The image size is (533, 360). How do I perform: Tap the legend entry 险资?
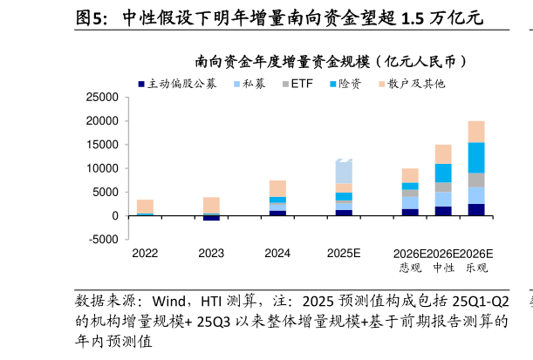[350, 85]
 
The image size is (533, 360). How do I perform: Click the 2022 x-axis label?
[145, 254]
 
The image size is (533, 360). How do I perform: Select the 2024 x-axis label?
[277, 254]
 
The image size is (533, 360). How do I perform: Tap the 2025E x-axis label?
[344, 254]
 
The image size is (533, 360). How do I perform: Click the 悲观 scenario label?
[410, 268]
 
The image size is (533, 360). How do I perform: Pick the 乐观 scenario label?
[476, 268]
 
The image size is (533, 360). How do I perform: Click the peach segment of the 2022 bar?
[145, 206]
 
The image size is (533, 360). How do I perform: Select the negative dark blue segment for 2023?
[211, 218]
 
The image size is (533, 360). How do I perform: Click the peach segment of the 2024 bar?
[277, 188]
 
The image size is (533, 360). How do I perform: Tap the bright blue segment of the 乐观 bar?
[476, 158]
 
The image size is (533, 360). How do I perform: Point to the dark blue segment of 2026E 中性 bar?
[443, 211]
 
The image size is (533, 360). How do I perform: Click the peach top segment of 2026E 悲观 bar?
[410, 175]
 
